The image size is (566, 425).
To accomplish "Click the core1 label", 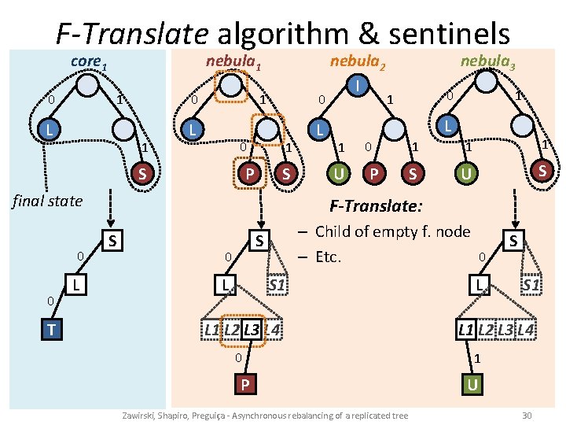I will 88,61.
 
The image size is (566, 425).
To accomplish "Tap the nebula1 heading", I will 233,61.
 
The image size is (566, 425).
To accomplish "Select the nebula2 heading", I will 357,61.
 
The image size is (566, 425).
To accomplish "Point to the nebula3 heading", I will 487,61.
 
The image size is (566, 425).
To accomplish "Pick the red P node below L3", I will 245,384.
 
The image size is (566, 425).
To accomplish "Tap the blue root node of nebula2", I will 358,83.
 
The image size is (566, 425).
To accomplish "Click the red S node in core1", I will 142,173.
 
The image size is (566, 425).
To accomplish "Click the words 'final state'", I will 46,201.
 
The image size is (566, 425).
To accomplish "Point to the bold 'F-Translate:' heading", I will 377,207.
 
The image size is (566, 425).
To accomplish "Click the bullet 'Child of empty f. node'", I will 392,231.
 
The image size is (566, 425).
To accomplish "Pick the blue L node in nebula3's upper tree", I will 447,125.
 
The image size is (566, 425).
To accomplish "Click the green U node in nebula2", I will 339,172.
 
